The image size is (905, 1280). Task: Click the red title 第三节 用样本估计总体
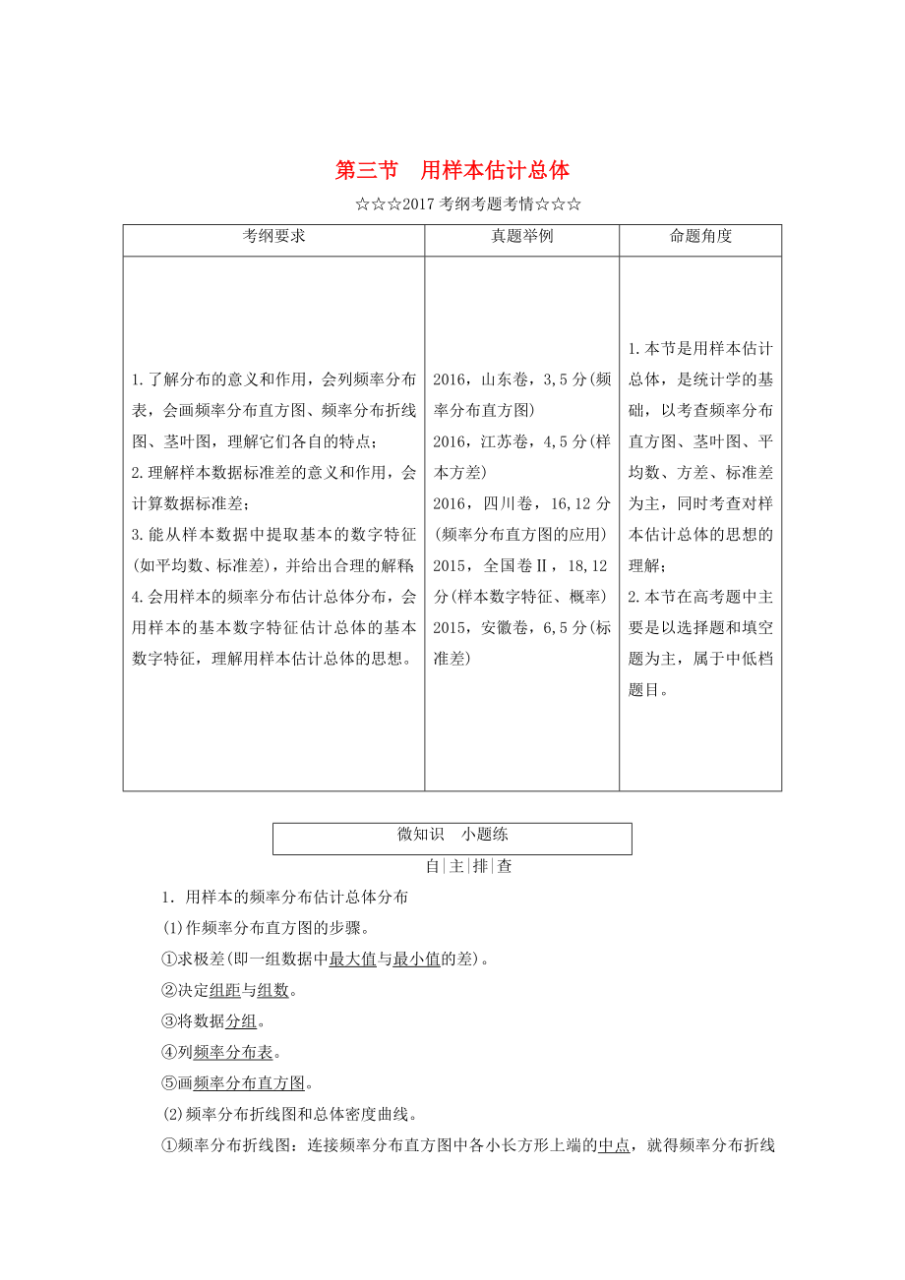452,170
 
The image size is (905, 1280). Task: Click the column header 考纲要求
273,237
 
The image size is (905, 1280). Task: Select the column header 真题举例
521,237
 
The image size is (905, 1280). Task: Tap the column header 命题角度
700,237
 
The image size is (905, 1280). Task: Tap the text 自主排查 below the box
468,866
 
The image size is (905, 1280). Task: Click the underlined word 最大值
352,960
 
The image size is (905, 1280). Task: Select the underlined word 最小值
415,960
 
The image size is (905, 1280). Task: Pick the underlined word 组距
225,991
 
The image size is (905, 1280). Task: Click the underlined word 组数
272,991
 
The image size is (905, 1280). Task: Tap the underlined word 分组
241,1021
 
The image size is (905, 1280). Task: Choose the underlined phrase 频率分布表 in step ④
233,1052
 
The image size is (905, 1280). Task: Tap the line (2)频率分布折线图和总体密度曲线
289,1115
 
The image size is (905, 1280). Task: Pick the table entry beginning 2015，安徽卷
521,642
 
